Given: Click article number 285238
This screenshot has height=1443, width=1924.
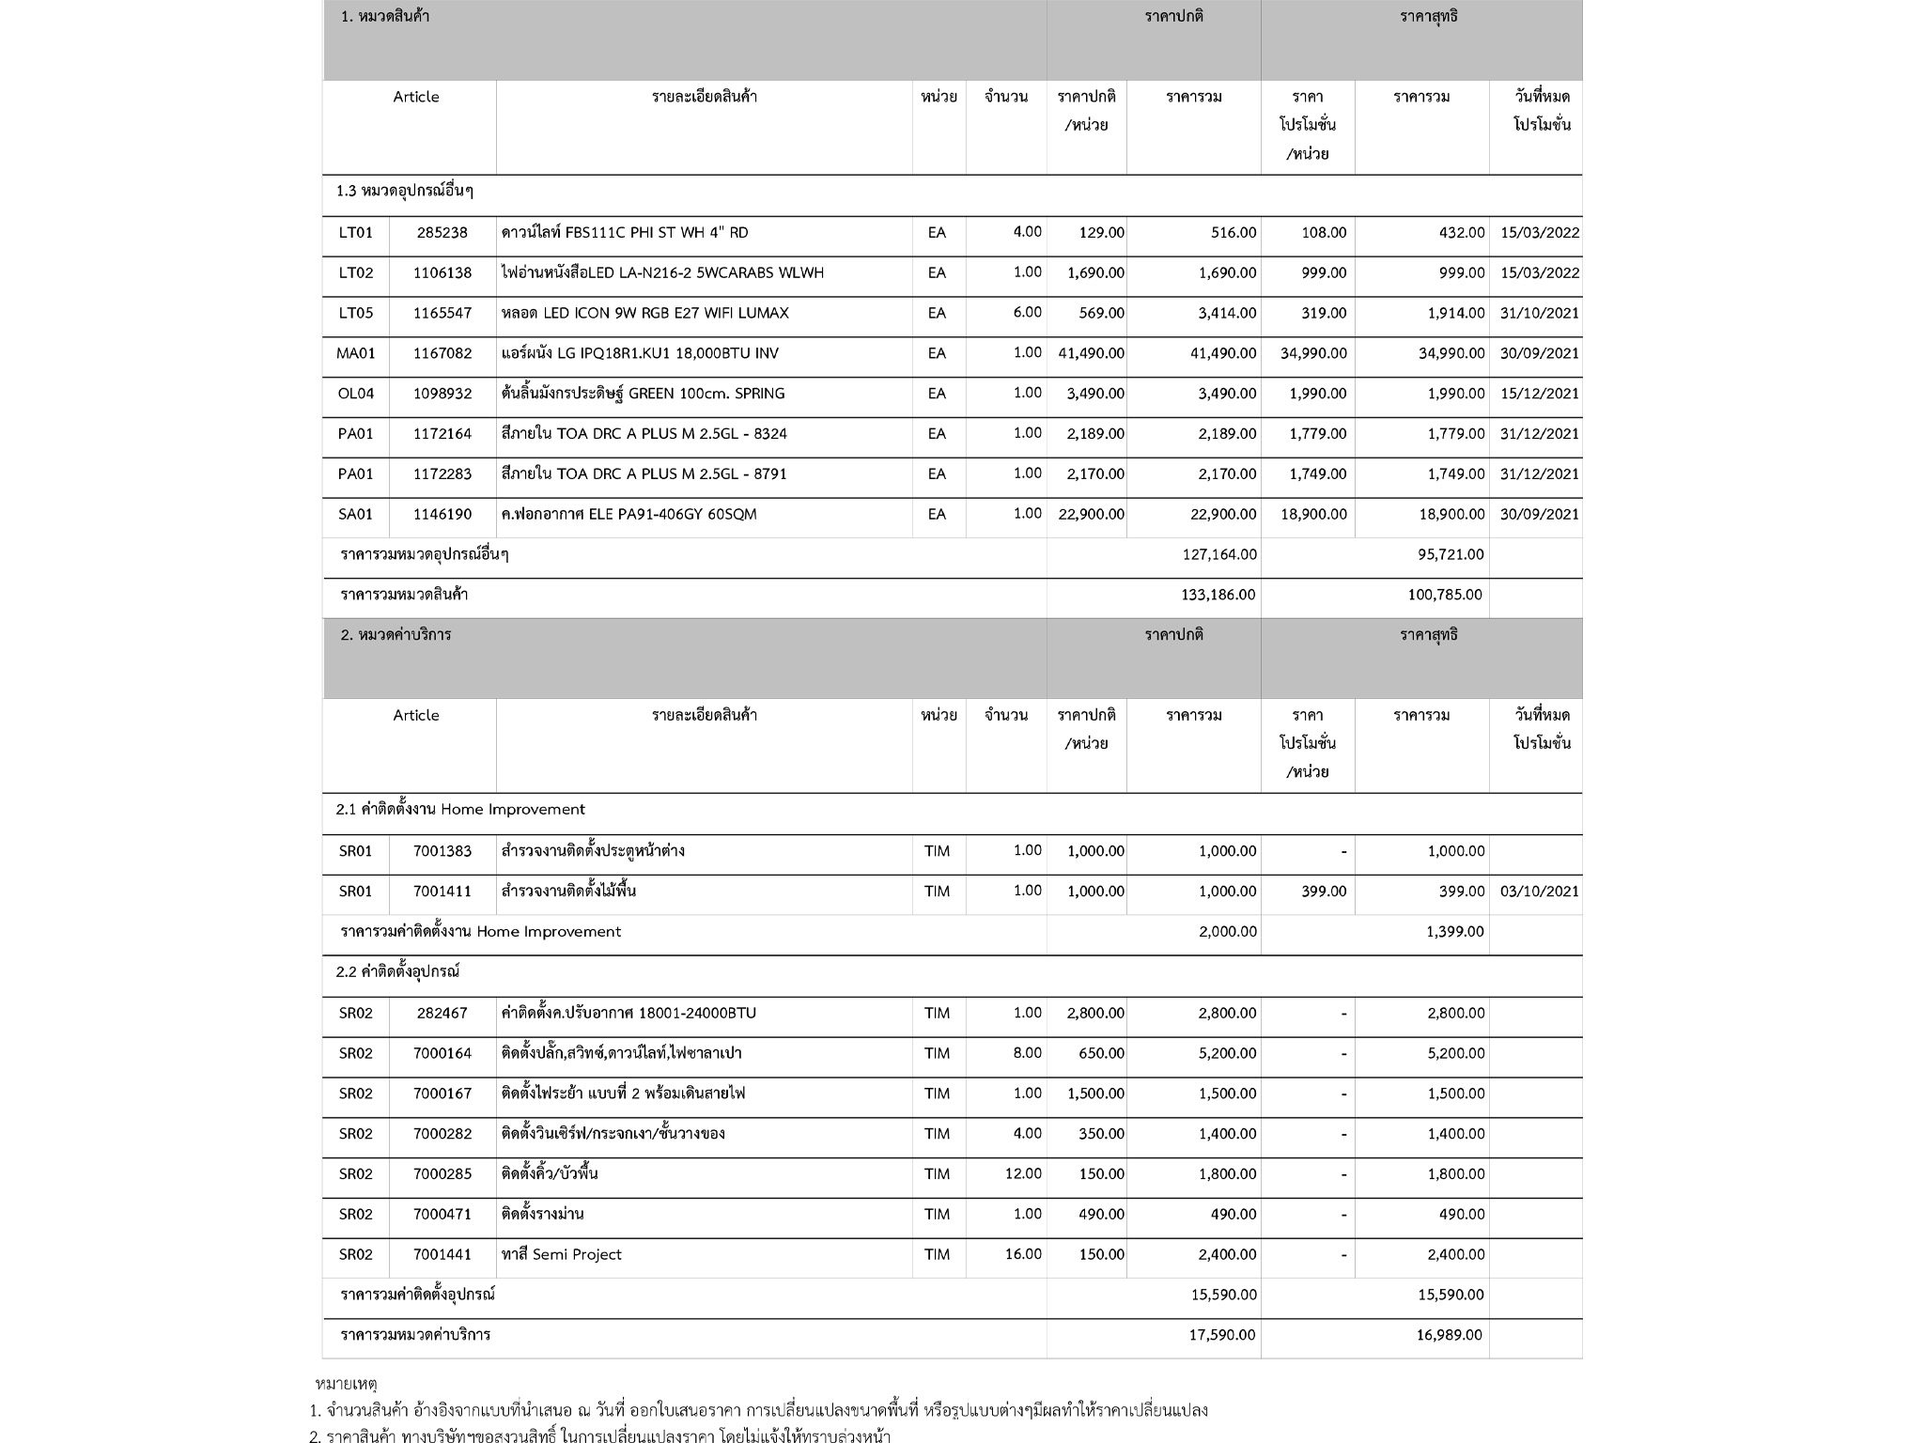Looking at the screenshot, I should point(442,233).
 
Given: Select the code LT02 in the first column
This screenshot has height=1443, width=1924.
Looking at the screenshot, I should point(355,273).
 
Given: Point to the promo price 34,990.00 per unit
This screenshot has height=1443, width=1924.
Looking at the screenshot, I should point(1312,354).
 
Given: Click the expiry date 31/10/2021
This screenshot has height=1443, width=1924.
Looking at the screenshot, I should point(1539,314).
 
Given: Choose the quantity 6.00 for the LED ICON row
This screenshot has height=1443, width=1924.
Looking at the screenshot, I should point(1027,313).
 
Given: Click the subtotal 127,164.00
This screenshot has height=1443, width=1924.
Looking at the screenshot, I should point(1218,555).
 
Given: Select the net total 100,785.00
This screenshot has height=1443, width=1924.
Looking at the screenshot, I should point(1444,596).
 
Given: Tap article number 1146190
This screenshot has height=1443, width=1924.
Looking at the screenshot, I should point(442,515).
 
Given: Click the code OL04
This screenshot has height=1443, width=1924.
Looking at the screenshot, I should point(355,394).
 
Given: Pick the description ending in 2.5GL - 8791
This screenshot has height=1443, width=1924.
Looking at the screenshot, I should point(644,474).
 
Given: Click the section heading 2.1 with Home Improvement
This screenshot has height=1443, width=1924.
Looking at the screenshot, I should point(460,810).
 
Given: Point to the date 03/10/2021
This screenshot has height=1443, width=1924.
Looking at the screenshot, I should point(1539,892).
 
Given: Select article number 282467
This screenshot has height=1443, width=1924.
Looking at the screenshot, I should point(442,1014).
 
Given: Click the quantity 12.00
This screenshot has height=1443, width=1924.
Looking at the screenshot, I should point(1023,1174).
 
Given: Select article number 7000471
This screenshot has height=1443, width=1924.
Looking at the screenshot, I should point(442,1215).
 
